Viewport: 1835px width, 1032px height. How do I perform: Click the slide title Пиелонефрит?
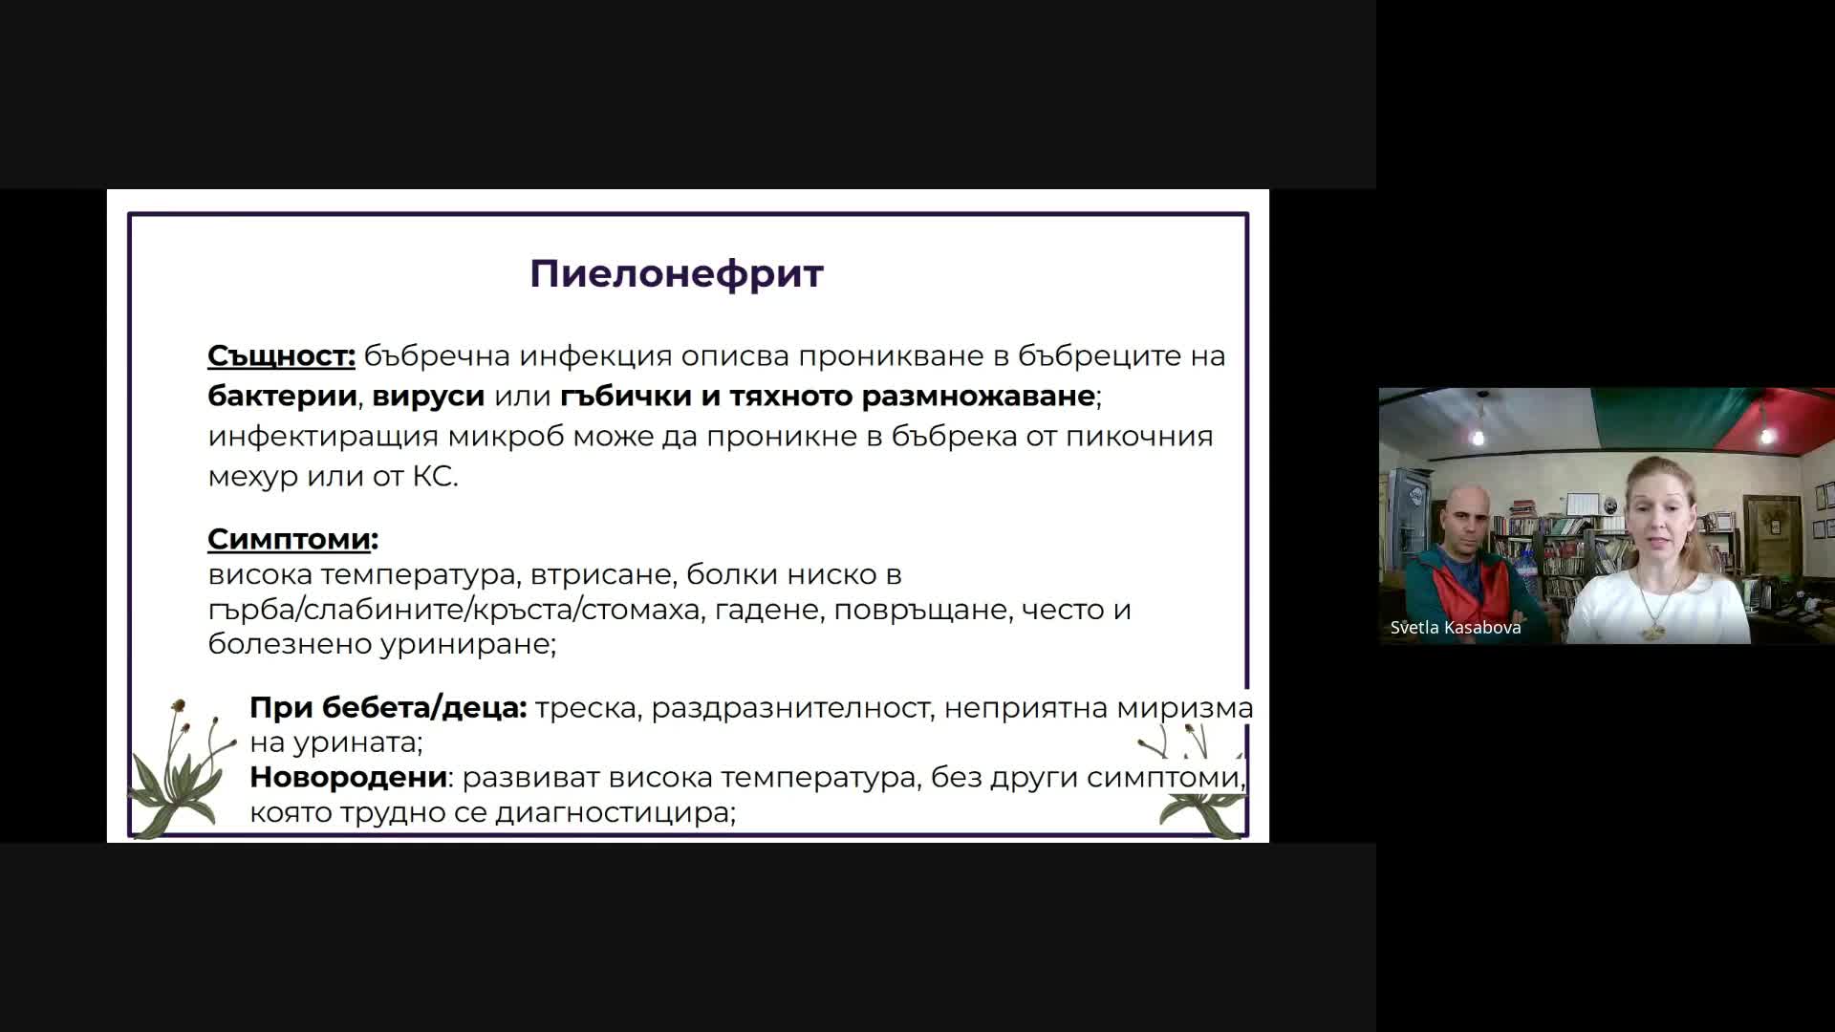[677, 274]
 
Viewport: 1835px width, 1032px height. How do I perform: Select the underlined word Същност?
[281, 356]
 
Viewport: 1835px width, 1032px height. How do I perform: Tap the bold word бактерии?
[283, 396]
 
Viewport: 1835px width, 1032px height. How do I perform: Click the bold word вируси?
[428, 397]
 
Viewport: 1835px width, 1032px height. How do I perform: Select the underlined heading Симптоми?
[289, 539]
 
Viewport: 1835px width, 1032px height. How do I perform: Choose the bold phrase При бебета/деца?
[387, 708]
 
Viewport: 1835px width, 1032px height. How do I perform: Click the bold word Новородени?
[348, 777]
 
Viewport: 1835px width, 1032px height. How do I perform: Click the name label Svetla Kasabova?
[1456, 628]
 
